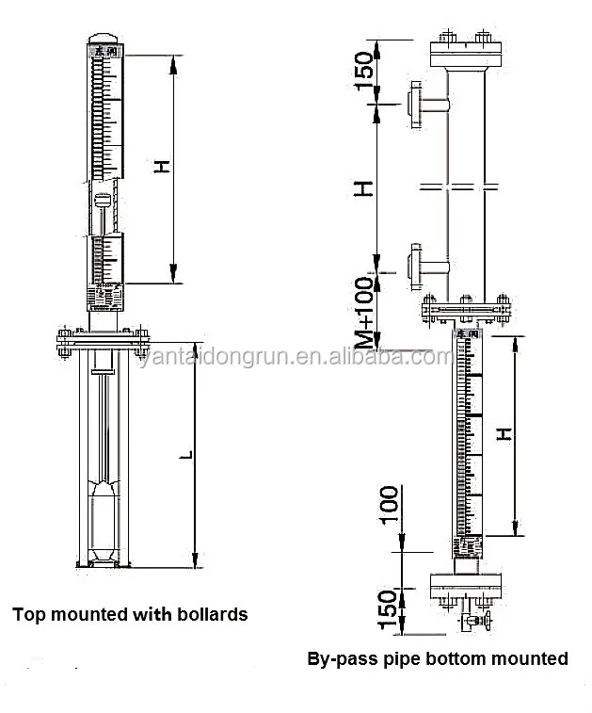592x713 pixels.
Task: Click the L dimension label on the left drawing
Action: pos(188,457)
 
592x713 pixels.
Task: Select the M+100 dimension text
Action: pos(367,315)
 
